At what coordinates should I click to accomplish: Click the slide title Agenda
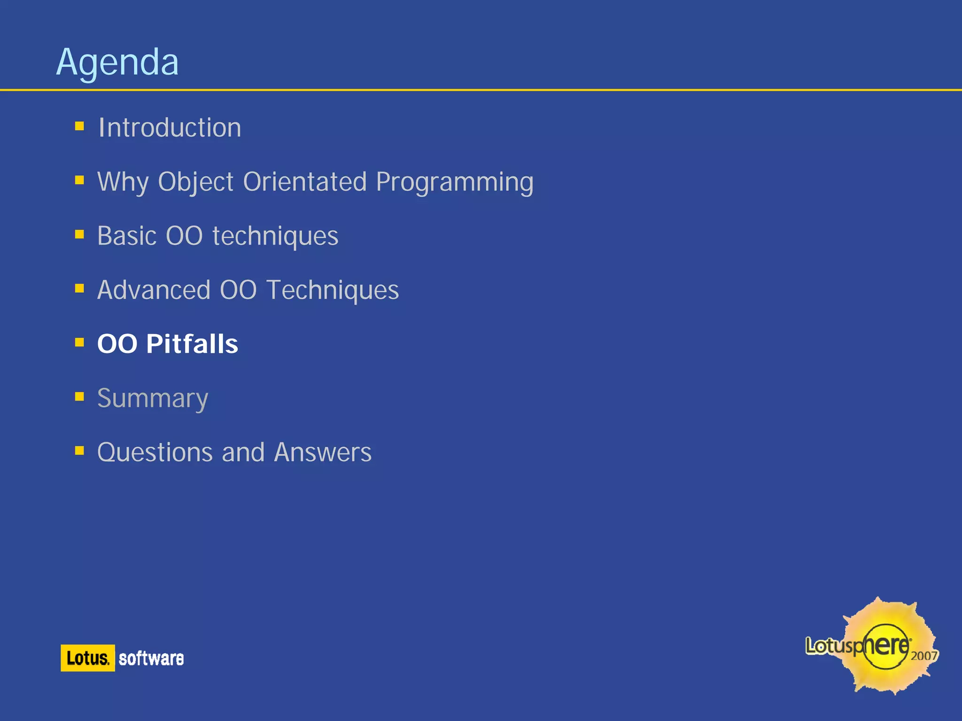(117, 62)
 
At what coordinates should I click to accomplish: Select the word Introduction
(170, 127)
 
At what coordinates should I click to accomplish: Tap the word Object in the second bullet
(195, 182)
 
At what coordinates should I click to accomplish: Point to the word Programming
(454, 182)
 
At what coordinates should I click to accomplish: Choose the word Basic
(127, 235)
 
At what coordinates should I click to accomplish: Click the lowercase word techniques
(275, 236)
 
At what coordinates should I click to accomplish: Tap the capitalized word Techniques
(333, 290)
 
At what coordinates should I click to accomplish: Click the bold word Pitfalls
(192, 344)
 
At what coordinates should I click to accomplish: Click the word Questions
(155, 453)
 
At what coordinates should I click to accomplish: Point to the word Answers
(323, 452)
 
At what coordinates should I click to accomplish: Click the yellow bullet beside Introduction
(79, 126)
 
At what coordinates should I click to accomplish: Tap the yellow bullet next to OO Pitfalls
(79, 342)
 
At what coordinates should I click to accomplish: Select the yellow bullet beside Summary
(79, 397)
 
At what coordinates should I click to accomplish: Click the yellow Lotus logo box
(88, 658)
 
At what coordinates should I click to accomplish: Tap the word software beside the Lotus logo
(151, 658)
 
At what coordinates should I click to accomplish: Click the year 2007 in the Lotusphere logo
(924, 656)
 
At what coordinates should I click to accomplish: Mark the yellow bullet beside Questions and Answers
(79, 451)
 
